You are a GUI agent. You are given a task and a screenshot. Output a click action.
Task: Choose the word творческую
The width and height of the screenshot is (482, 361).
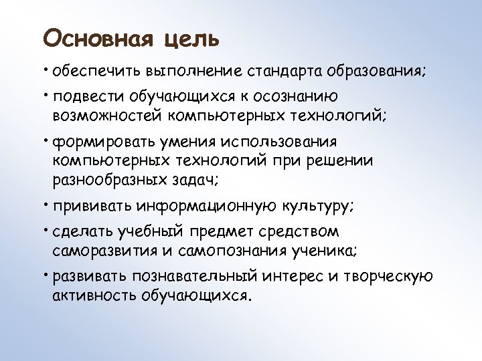(x=388, y=277)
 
